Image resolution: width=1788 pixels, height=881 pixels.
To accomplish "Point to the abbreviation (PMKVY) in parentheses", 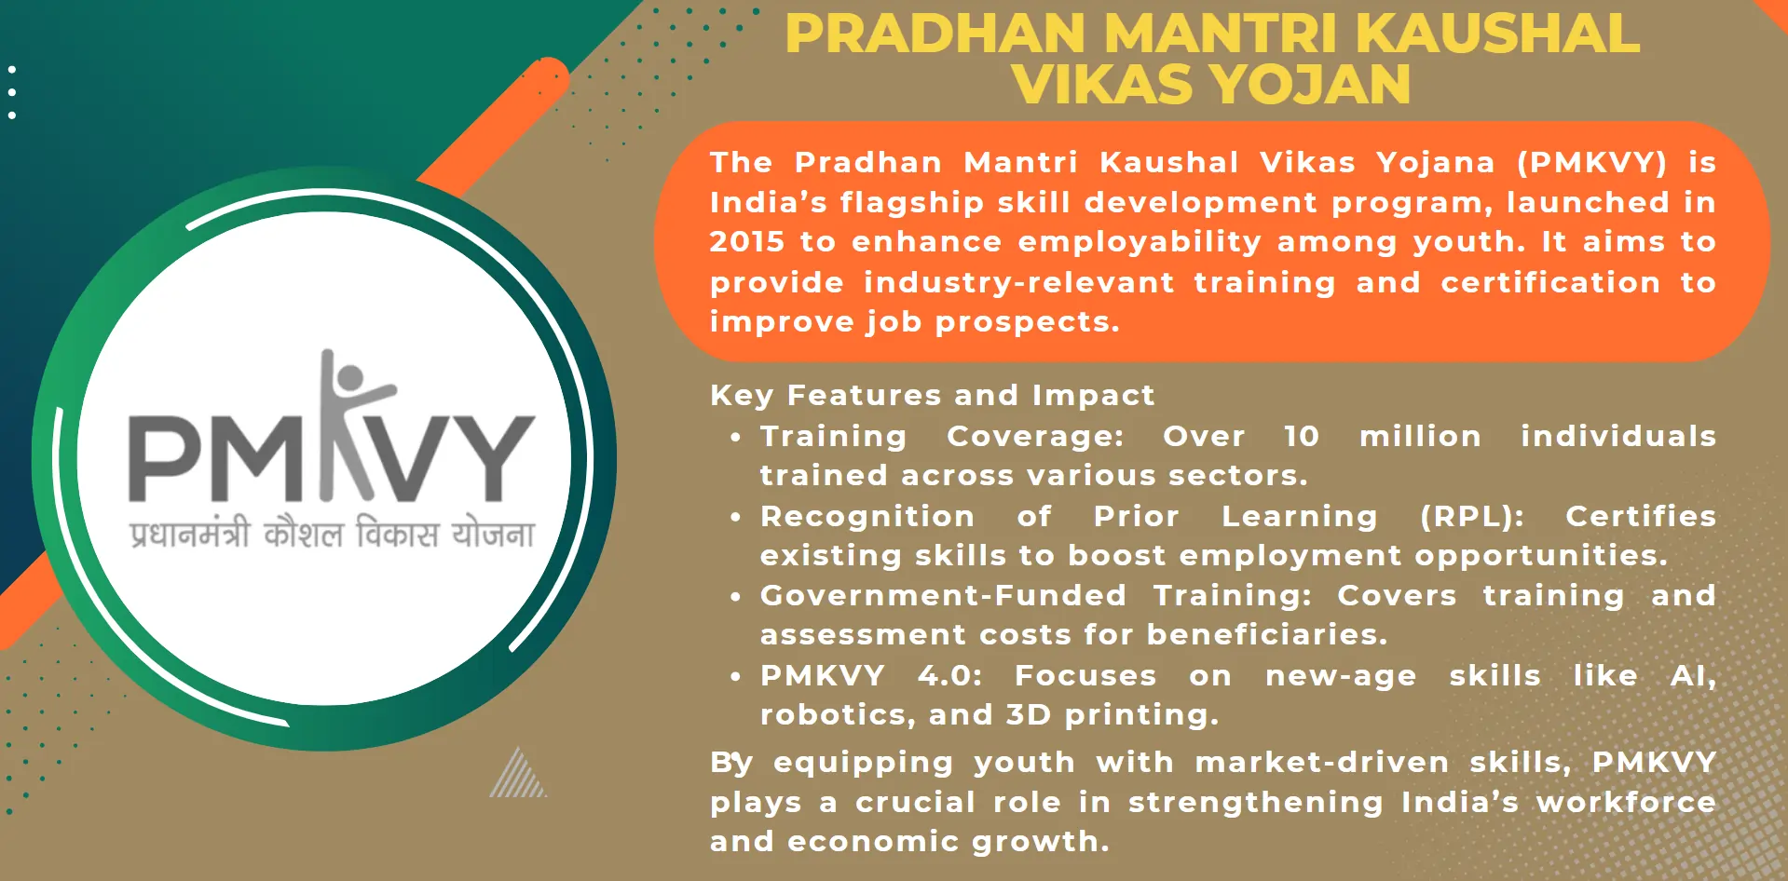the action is coord(1592,163).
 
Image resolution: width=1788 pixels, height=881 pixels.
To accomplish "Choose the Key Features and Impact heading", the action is coord(932,396).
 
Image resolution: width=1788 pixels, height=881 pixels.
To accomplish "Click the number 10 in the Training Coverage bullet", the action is coord(1302,436).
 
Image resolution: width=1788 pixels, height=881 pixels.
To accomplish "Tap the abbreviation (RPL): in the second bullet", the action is coord(1472,517).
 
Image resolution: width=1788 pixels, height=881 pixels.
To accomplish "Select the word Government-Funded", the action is coord(943,595).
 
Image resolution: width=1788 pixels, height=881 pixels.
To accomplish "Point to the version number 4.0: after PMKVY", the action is coord(949,675).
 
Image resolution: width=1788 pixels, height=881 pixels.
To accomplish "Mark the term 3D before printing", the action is coord(1029,715).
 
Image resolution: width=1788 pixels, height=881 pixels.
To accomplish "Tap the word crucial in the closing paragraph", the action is coord(914,803).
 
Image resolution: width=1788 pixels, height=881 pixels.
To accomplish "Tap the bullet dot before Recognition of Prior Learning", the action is coord(736,517).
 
